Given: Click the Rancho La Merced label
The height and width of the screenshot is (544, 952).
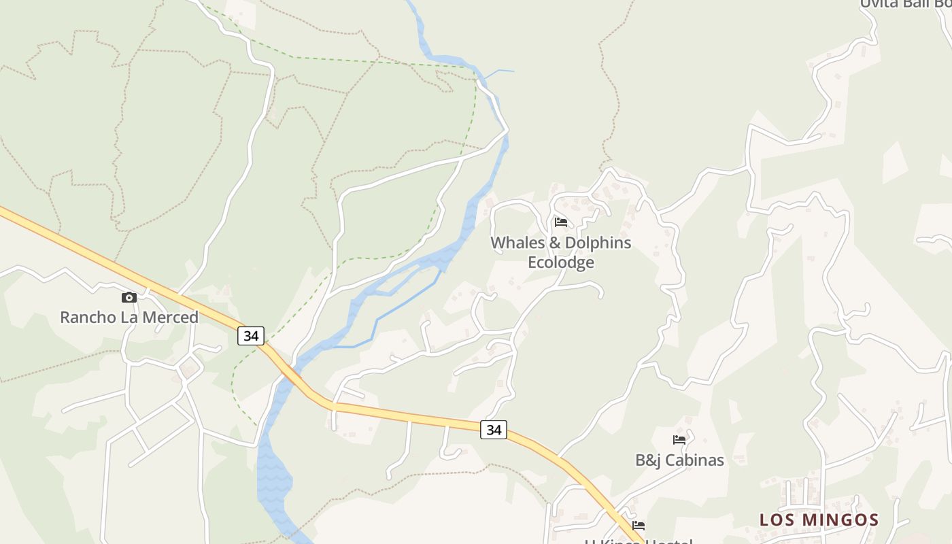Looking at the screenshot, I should click(x=129, y=317).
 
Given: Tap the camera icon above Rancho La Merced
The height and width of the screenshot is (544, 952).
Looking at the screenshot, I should click(x=129, y=297).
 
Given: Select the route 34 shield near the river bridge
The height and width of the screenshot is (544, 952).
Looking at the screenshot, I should click(x=251, y=335).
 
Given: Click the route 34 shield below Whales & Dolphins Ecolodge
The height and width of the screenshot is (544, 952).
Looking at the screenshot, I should click(x=494, y=430).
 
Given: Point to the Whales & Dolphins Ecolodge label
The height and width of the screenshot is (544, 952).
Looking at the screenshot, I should click(x=561, y=252).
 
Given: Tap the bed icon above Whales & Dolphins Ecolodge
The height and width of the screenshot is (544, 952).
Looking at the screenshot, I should click(x=561, y=222).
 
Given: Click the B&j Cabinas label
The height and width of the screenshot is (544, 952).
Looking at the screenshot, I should click(x=679, y=460).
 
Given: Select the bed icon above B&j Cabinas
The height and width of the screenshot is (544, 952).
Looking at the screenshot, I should click(x=679, y=440).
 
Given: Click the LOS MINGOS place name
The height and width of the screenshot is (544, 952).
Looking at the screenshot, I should click(x=819, y=520).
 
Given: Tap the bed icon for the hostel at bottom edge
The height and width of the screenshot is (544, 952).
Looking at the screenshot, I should click(x=639, y=526).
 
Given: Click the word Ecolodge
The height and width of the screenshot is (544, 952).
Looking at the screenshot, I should click(x=561, y=262).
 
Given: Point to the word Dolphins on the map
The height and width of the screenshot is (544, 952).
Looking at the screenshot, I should click(x=598, y=243).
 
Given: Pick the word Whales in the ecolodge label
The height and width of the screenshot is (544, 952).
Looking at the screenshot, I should click(x=517, y=243).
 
